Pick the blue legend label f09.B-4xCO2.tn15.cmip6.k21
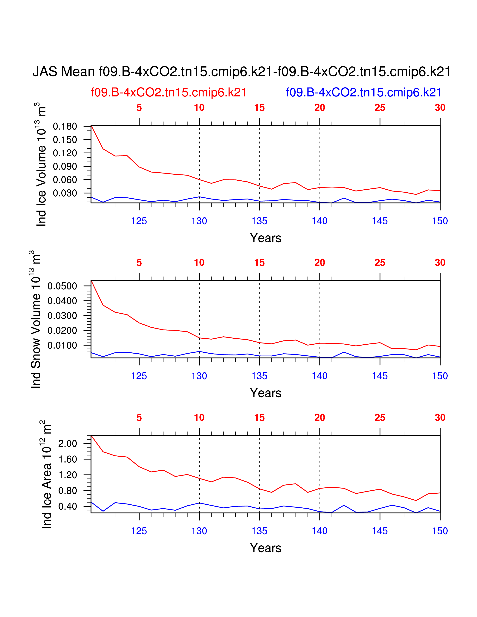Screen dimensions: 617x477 364,92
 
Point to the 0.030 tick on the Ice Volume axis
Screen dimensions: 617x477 65,193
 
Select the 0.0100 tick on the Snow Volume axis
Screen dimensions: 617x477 62,345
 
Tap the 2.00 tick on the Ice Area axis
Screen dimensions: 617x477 67,443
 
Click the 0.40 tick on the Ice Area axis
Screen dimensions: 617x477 67,506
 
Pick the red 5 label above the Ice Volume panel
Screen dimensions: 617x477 139,108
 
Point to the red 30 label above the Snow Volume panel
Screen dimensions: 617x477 440,263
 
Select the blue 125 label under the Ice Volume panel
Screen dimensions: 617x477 139,221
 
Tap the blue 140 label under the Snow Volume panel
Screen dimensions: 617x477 320,376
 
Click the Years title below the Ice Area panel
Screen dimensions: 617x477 266,548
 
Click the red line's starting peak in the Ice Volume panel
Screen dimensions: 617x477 91,126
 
